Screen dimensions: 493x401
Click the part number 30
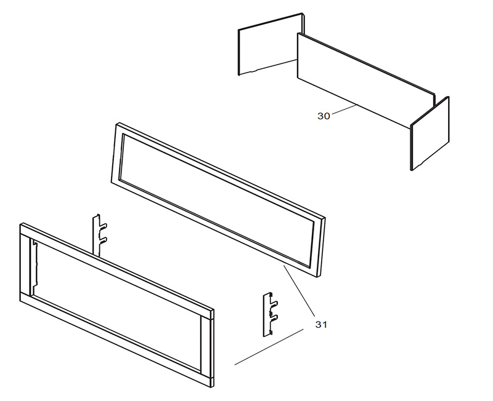tap(324, 116)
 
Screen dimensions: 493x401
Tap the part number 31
tap(321, 325)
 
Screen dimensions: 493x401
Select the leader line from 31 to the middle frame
tap(299, 290)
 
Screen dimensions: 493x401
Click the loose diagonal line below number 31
tap(269, 347)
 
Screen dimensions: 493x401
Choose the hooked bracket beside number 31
tap(270, 314)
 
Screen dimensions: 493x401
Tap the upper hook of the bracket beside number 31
tap(274, 304)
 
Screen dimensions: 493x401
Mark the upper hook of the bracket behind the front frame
tap(104, 225)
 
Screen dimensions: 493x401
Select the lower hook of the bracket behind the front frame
tap(104, 240)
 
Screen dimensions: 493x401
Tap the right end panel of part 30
tap(430, 133)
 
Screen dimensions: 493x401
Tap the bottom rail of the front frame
tap(116, 341)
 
